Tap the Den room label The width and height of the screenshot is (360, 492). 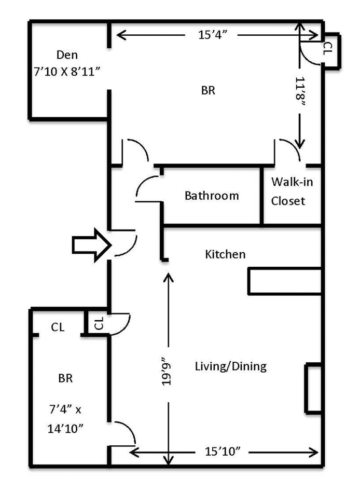66,54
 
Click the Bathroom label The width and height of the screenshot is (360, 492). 212,196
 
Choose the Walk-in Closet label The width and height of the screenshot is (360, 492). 292,191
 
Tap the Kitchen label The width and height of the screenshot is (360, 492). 225,254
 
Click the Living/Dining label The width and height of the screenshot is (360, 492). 230,366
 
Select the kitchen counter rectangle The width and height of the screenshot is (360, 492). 284,281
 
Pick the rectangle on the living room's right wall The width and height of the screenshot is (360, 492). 313,389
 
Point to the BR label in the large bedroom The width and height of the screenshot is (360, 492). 208,90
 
